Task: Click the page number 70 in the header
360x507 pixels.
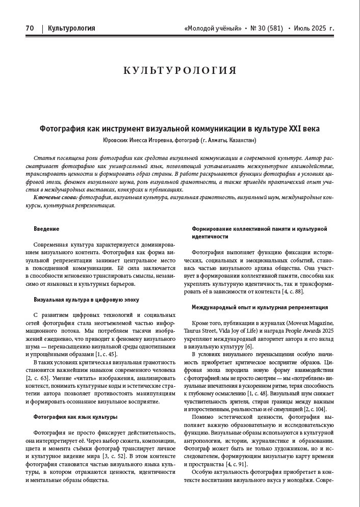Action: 30,29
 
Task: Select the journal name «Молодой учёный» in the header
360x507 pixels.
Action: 212,29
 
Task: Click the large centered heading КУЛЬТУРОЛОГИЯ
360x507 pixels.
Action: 180,71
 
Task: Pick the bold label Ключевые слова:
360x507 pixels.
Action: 56,197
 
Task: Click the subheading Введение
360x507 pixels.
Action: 46,229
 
